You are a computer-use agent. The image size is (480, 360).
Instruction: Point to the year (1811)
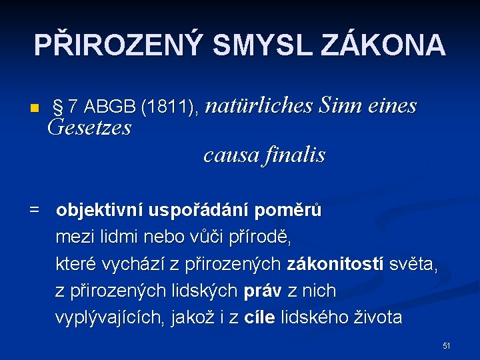[169, 107]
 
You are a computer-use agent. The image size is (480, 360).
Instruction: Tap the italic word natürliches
[258, 105]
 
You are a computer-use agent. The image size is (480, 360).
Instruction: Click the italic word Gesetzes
[90, 127]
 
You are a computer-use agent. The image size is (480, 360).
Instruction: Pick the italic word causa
[231, 155]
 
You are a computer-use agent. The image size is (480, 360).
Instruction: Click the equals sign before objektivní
[34, 211]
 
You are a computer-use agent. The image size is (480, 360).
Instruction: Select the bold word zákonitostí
[335, 264]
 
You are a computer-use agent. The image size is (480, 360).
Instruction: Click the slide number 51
[447, 345]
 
